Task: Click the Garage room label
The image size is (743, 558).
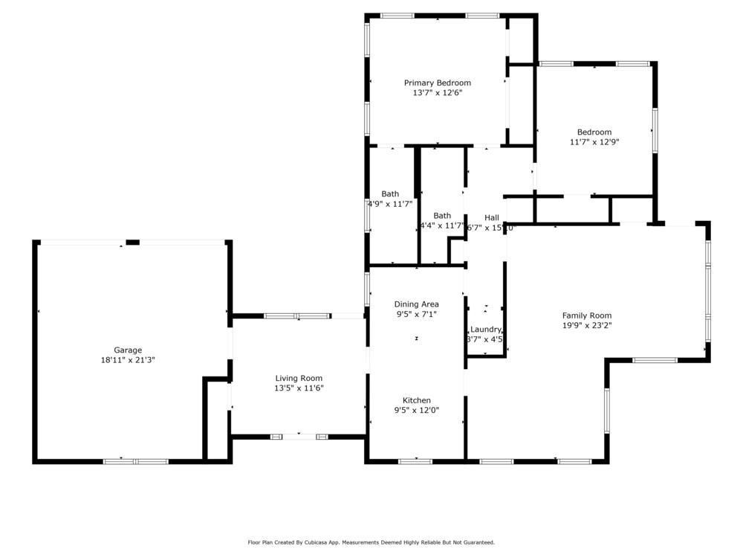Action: click(128, 350)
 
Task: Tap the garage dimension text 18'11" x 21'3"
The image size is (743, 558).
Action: click(128, 359)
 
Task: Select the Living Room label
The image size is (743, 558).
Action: click(299, 378)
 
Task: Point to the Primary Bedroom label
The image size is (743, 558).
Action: click(437, 83)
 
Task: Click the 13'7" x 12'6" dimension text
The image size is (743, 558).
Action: click(437, 93)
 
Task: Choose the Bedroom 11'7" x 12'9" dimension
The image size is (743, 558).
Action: click(594, 141)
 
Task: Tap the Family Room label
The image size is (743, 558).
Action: click(586, 315)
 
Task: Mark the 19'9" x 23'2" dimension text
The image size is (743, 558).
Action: click(586, 325)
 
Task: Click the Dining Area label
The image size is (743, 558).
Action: click(416, 304)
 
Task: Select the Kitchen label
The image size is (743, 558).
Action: click(416, 400)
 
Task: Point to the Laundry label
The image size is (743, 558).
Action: click(486, 330)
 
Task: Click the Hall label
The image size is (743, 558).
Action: click(491, 217)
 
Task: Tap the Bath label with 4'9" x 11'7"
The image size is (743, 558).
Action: click(390, 193)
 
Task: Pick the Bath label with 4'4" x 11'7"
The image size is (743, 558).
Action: click(442, 216)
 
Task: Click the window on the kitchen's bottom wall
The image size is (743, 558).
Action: click(415, 461)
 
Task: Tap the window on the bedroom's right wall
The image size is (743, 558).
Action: click(655, 130)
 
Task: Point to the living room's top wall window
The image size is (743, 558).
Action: click(297, 316)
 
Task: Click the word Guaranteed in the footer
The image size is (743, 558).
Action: click(478, 542)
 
